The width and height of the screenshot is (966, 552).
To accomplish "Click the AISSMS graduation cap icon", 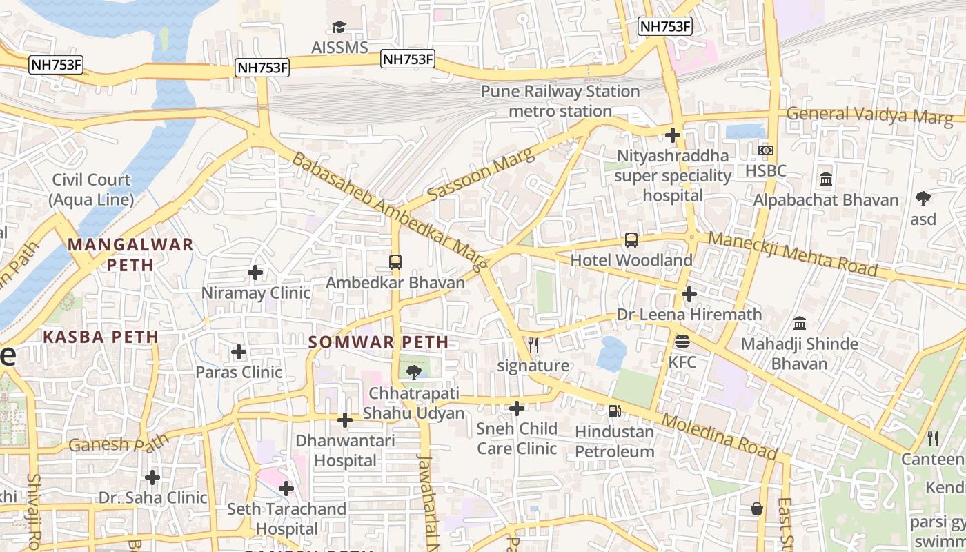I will (x=338, y=27).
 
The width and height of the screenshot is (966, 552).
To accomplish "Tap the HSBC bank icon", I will (x=765, y=150).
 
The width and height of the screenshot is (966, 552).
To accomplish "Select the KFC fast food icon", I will (x=682, y=341).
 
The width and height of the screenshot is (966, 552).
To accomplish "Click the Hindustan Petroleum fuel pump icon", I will (x=614, y=411).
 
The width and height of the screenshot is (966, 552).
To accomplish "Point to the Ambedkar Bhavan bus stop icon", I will (x=395, y=262).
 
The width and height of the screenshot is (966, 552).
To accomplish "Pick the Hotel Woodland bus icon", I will (x=631, y=240).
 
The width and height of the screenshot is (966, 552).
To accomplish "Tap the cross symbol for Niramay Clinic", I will (x=255, y=273).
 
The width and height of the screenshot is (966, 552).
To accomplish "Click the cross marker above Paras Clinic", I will (x=239, y=352).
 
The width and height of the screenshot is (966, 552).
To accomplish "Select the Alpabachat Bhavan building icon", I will (x=825, y=180).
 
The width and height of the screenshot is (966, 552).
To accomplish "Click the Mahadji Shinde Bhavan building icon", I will (x=800, y=323).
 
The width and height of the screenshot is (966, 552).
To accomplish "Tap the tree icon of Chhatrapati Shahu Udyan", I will (x=414, y=373).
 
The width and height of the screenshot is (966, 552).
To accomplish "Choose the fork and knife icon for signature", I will (x=533, y=345).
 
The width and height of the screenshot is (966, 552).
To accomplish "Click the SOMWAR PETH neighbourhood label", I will (x=378, y=342).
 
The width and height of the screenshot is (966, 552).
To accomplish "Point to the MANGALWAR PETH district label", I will (x=130, y=254).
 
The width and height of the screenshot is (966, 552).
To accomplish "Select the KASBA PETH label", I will (x=101, y=337).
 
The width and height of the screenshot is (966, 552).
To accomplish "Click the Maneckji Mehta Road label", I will (x=793, y=253).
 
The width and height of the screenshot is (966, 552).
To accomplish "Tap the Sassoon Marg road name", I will (x=480, y=175).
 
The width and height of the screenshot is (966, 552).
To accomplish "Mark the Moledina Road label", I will (x=718, y=436).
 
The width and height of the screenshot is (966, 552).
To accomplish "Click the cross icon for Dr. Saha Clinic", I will (x=152, y=477).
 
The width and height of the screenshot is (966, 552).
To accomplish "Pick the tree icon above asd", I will (x=923, y=199).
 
